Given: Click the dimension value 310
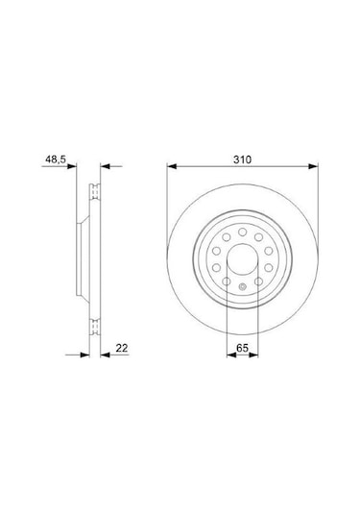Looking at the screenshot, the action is coord(243,159).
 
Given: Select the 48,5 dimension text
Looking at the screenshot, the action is coord(56,159).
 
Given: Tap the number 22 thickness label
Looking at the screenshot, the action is coord(122,348).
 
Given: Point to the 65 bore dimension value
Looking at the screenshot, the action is coord(243,348).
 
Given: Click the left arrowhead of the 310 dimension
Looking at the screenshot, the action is coord(172,166).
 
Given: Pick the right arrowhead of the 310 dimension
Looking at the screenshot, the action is coord(313,166).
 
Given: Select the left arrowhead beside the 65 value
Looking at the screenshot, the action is coord(231,355).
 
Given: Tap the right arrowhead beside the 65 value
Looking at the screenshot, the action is coord(253,355).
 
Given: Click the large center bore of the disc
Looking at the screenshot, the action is coord(243,259).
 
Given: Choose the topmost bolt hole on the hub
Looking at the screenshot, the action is coord(243,233).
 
